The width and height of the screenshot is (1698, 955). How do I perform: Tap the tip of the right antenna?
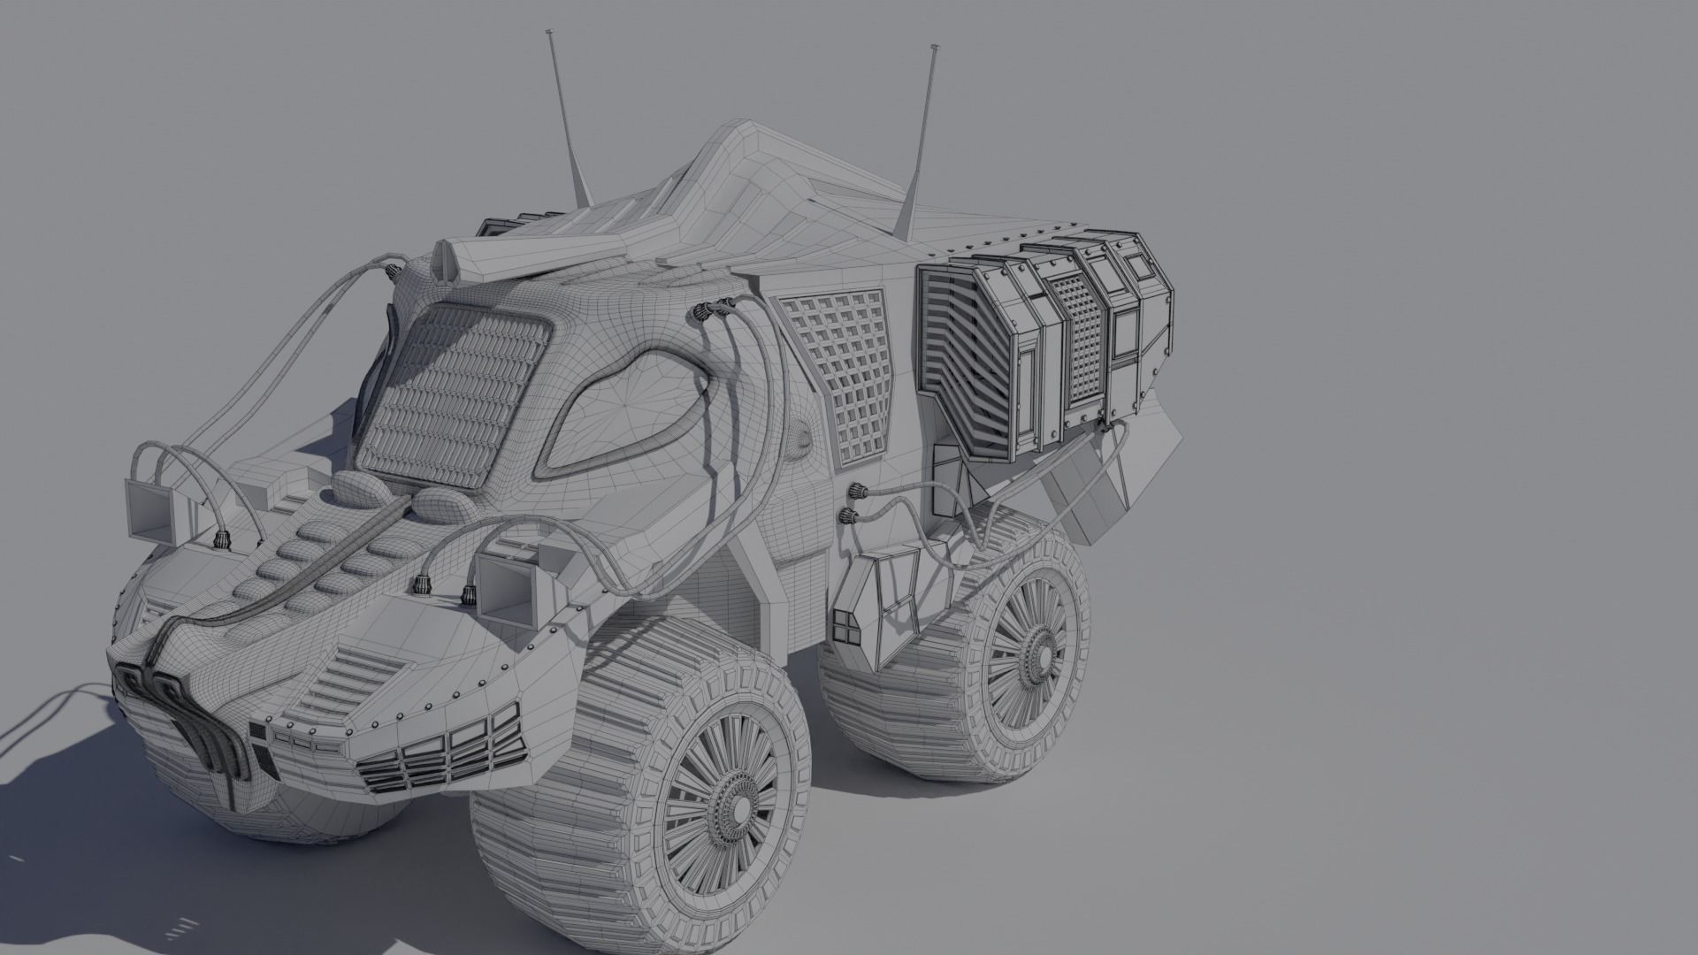click(x=934, y=46)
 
